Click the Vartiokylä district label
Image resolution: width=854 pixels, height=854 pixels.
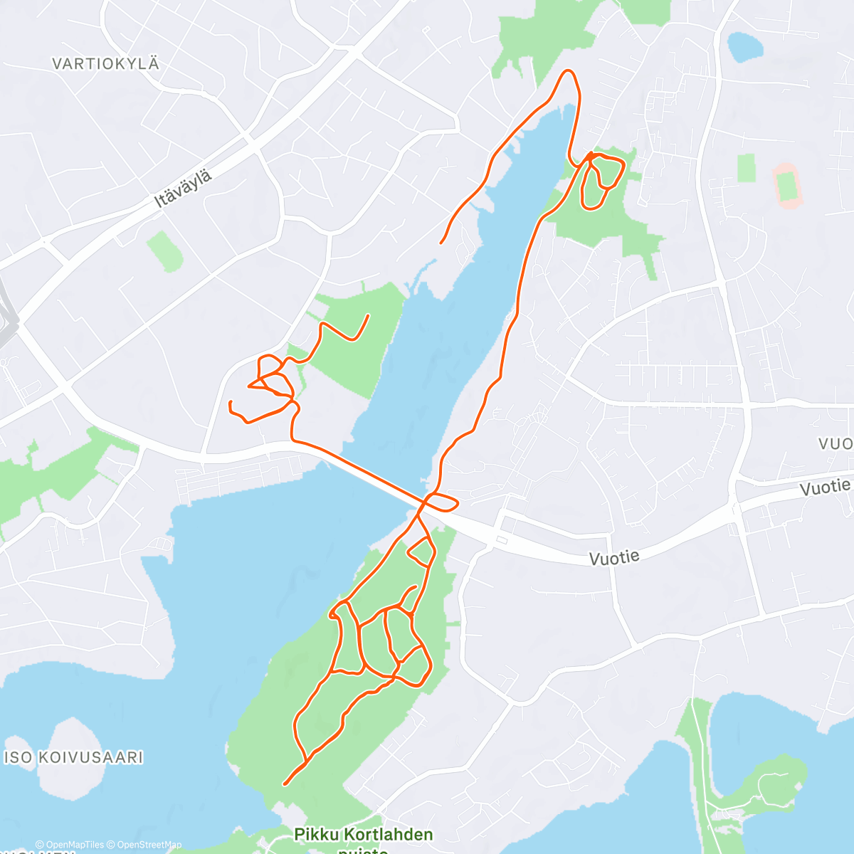[105, 64]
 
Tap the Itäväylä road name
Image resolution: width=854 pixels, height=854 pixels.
[183, 189]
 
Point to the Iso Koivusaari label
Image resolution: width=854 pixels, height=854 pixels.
[74, 757]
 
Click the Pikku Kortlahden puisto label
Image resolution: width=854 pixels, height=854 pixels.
[364, 834]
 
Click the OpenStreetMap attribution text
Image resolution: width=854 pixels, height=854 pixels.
[146, 845]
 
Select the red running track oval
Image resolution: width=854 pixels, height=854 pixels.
[787, 186]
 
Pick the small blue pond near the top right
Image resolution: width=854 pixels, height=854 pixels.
[744, 47]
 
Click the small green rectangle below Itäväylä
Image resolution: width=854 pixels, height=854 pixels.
[164, 251]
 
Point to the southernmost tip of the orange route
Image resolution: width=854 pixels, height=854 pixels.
[285, 784]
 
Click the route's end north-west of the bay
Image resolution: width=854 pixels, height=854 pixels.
[441, 243]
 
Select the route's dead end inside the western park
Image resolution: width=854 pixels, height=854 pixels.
[368, 315]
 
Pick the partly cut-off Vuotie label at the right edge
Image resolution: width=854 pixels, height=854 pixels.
[835, 443]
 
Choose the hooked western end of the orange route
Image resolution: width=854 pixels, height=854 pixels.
[231, 405]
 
